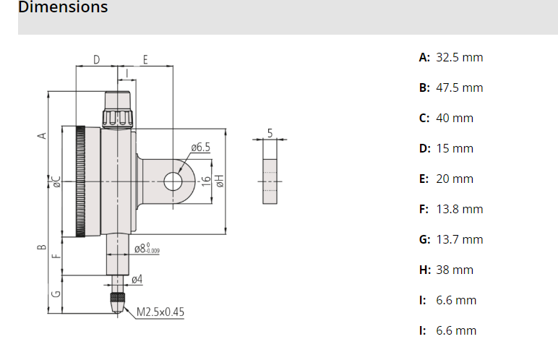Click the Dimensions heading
pos(63,8)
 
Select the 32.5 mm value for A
pos(459,57)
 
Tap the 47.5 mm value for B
pos(459,87)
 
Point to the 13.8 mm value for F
pos(459,209)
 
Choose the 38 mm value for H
pos(455,270)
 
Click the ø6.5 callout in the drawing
pos(200,147)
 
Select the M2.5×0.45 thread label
pos(160,312)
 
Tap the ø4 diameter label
pos(137,278)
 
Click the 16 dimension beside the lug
pos(205,181)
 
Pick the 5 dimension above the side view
pos(270,133)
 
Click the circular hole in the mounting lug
pos(173,181)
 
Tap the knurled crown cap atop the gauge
pos(116,116)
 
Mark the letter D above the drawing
pos(96,59)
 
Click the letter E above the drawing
pos(145,59)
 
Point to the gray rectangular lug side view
pos(270,172)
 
